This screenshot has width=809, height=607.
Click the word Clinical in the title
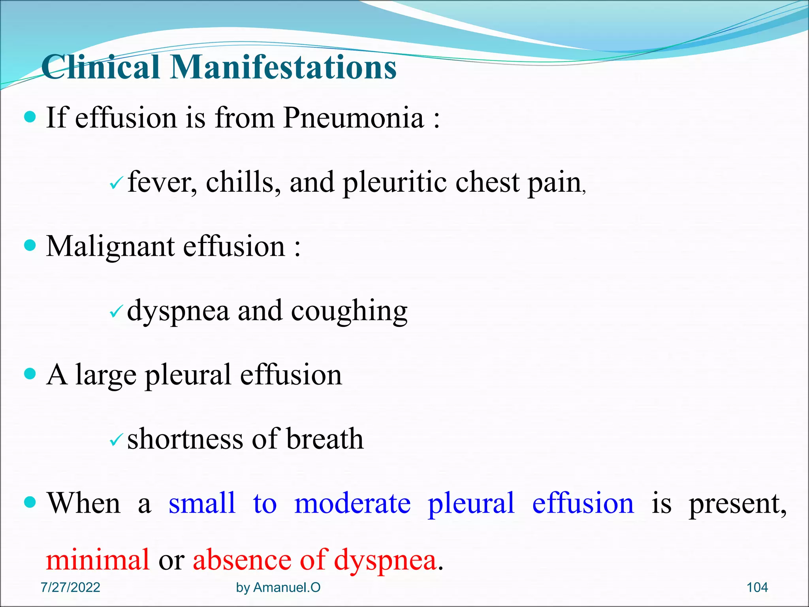click(x=100, y=67)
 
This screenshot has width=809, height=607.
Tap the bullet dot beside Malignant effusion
click(x=30, y=245)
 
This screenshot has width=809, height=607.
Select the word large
click(x=106, y=375)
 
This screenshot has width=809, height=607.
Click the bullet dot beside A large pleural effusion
click(x=30, y=373)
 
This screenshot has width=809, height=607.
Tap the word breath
click(x=324, y=439)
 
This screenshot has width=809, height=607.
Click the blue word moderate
click(x=352, y=503)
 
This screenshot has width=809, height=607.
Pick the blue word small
click(x=202, y=503)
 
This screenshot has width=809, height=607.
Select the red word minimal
click(x=98, y=560)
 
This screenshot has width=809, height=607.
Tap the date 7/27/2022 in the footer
click(x=70, y=588)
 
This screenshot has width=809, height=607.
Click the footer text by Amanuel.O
click(x=278, y=588)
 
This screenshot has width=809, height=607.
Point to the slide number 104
click(x=757, y=588)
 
